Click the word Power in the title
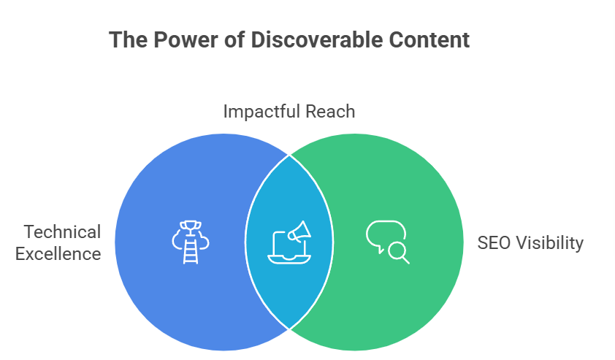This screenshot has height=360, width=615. click(186, 40)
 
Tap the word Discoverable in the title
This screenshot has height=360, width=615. click(316, 40)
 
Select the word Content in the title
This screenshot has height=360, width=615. click(429, 40)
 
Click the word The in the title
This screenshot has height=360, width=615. click(129, 40)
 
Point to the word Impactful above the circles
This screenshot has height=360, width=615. click(262, 112)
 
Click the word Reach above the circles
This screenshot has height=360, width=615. click(330, 112)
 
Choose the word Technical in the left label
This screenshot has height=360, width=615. click(62, 231)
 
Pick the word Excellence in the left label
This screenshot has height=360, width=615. click(58, 253)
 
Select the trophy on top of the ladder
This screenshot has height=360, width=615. click(191, 227)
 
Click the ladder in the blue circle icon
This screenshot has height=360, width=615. click(191, 250)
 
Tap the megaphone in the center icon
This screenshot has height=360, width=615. click(299, 231)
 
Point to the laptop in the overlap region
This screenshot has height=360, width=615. click(289, 248)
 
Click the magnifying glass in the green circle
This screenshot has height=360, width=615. click(399, 253)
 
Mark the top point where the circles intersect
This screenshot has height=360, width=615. click(289, 156)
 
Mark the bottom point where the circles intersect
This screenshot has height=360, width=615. click(289, 329)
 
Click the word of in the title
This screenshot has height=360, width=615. click(234, 40)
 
